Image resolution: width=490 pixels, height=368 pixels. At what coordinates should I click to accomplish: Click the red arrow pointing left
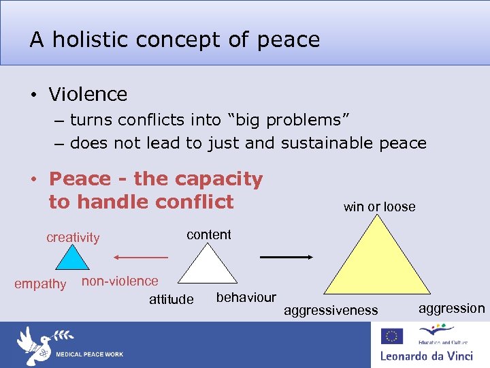(x=140, y=258)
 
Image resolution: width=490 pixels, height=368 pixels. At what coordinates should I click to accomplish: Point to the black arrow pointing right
(x=286, y=257)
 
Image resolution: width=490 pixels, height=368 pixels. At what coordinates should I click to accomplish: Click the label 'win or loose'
(x=379, y=206)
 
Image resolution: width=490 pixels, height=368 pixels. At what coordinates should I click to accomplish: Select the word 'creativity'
(x=73, y=237)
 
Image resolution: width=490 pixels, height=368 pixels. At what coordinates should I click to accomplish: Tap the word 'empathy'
(x=40, y=283)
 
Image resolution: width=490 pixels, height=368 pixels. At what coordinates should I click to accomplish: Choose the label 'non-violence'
(x=120, y=281)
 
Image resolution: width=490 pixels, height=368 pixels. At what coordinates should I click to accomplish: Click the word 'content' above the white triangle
(x=209, y=234)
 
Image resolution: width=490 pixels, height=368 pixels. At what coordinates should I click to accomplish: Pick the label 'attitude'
(x=171, y=299)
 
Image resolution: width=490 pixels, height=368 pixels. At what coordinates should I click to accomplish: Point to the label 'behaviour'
(x=246, y=297)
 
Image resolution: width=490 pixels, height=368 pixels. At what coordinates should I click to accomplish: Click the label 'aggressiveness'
(x=331, y=310)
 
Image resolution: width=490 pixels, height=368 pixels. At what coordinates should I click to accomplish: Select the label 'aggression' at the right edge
(x=451, y=309)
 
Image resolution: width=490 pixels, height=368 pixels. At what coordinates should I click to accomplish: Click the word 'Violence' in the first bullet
(x=88, y=94)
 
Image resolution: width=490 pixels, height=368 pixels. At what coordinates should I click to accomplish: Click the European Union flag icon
(x=391, y=336)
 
